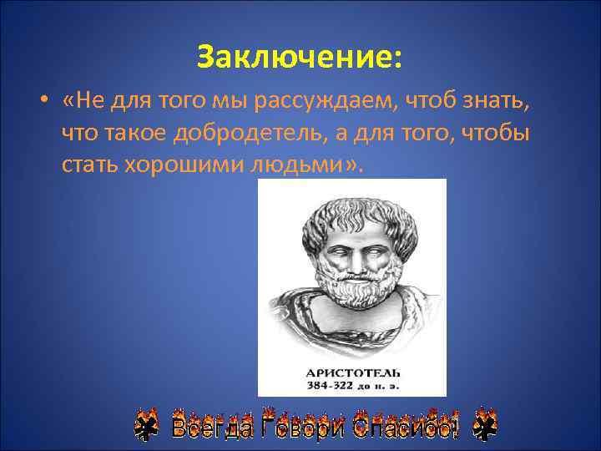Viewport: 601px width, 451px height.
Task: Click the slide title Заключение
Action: click(x=300, y=57)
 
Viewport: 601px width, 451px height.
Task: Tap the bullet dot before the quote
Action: click(x=41, y=103)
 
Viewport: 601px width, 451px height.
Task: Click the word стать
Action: click(x=89, y=164)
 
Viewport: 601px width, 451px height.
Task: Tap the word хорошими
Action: click(x=184, y=164)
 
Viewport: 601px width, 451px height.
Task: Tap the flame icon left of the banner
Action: click(x=148, y=425)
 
